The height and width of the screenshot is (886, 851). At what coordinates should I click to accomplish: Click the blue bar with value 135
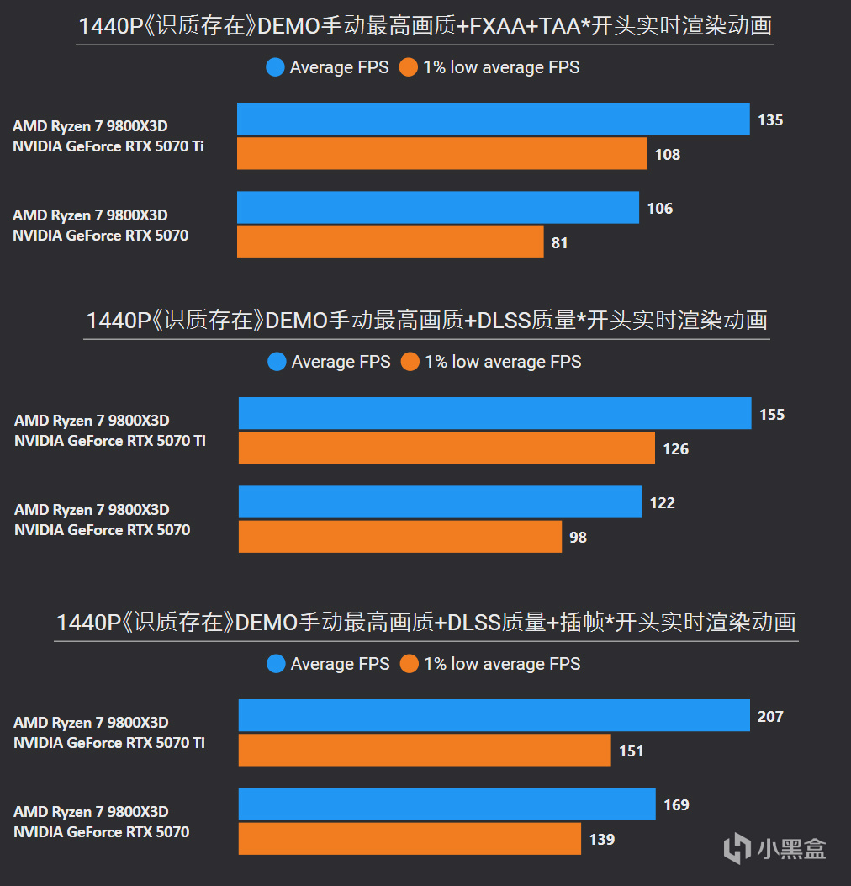[493, 119]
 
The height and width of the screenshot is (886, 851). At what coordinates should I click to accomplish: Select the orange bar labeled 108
[441, 153]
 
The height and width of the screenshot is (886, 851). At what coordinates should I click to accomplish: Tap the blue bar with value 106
[437, 208]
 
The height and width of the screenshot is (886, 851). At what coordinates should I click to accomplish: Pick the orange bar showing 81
[390, 242]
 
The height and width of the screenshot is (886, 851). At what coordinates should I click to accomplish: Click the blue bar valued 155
[494, 413]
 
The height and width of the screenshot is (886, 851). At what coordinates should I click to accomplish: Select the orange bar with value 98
[399, 537]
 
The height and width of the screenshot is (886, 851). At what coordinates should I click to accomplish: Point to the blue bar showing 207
[494, 715]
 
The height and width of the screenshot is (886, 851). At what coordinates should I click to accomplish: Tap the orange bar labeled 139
[410, 839]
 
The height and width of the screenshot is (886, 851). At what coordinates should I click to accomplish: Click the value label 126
[675, 449]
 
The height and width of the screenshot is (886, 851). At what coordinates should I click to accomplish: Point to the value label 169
[676, 805]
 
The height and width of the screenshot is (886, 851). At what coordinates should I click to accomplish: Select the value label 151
[631, 751]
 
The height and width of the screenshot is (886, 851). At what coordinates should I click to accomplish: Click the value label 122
[662, 503]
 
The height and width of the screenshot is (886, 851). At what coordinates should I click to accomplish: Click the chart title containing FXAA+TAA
[425, 26]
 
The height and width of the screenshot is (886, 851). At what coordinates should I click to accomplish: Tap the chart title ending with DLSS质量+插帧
[425, 623]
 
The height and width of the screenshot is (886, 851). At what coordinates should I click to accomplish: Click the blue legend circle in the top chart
[275, 67]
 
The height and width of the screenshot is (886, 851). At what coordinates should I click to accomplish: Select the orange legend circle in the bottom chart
[410, 664]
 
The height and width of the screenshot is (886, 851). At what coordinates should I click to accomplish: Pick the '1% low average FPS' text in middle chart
[503, 362]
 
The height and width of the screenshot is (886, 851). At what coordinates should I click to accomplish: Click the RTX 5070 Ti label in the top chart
[108, 146]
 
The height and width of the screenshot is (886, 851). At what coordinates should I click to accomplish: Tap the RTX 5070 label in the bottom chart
[102, 832]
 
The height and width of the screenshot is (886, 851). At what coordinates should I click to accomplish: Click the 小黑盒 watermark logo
[775, 847]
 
